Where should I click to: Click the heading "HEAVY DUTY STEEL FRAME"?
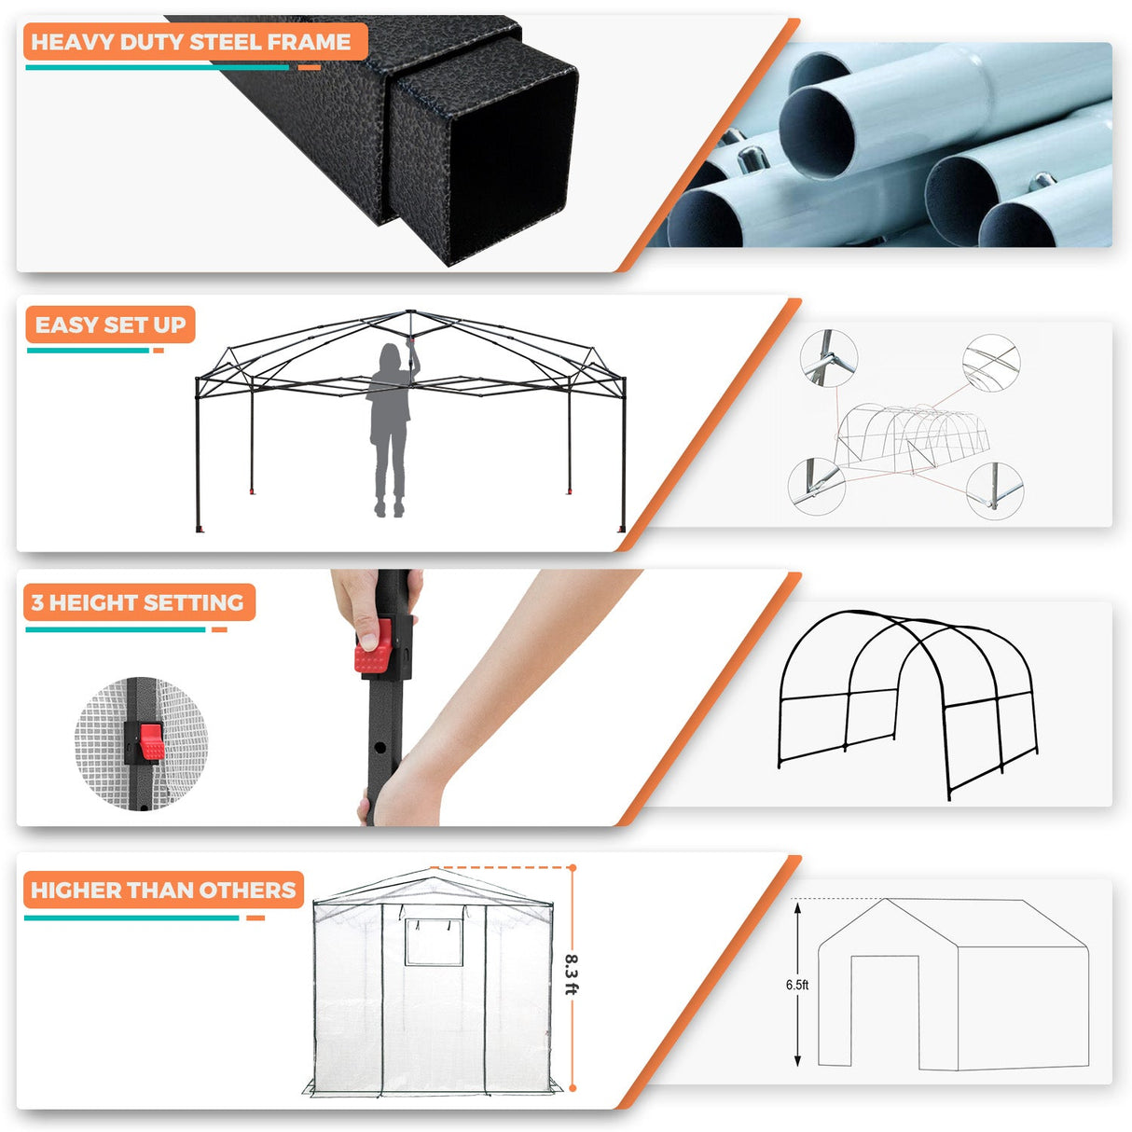click(x=191, y=42)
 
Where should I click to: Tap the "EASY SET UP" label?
click(x=110, y=324)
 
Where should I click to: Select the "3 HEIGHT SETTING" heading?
click(x=137, y=602)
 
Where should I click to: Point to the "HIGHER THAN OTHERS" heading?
click(x=163, y=890)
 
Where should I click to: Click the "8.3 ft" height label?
click(x=572, y=973)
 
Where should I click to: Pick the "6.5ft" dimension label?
click(x=796, y=985)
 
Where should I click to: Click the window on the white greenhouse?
click(x=434, y=942)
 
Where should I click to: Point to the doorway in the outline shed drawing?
click(x=885, y=1011)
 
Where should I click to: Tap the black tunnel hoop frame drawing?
click(x=907, y=699)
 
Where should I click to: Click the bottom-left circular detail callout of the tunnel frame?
click(x=816, y=486)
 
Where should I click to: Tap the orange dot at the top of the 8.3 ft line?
click(x=573, y=868)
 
